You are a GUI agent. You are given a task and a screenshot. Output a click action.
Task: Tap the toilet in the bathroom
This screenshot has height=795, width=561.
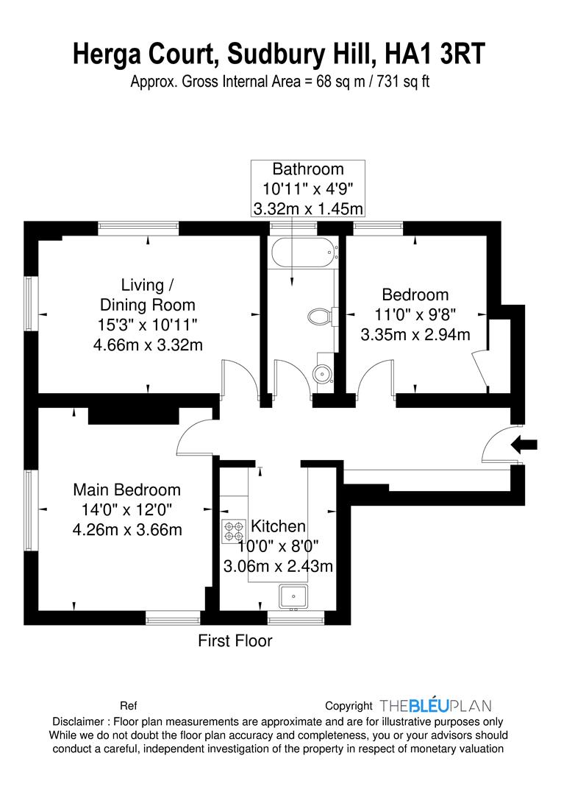[x=320, y=317]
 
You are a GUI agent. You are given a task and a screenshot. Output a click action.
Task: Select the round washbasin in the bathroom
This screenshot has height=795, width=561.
[x=321, y=375]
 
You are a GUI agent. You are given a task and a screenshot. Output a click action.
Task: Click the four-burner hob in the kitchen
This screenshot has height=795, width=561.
[x=233, y=531]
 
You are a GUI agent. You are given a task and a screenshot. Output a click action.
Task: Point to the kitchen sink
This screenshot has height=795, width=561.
[x=293, y=596]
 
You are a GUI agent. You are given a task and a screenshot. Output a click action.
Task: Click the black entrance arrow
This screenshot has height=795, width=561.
[x=524, y=445]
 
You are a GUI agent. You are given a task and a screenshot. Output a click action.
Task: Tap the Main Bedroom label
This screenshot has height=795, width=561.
[x=126, y=490]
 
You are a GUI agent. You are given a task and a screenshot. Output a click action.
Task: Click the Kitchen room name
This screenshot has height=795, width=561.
[x=278, y=526]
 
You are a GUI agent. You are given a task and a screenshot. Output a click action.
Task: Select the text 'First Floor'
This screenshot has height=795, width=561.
[x=235, y=641]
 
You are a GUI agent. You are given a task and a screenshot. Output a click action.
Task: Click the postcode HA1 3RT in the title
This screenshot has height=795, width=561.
[x=435, y=54]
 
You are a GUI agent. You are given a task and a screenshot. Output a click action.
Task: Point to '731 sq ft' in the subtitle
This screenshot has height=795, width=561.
[x=403, y=82]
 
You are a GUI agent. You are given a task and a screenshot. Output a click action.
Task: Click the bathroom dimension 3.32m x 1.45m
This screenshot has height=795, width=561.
[x=308, y=208]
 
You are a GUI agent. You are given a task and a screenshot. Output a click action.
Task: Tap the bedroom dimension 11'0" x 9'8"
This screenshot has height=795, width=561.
[x=415, y=314]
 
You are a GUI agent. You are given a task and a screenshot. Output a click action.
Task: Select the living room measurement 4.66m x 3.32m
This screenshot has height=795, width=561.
[x=148, y=345]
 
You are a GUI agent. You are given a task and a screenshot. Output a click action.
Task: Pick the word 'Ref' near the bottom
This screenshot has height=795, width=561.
[x=128, y=706]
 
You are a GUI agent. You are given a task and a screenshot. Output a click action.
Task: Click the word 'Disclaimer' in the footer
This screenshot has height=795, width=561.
[x=78, y=721]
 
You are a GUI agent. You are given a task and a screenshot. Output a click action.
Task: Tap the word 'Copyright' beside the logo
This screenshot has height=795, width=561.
[x=349, y=706]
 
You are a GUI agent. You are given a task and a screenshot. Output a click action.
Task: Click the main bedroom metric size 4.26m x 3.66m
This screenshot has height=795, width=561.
[x=127, y=530]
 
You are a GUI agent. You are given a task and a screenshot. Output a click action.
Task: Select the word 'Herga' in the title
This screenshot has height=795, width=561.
[x=107, y=54]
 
